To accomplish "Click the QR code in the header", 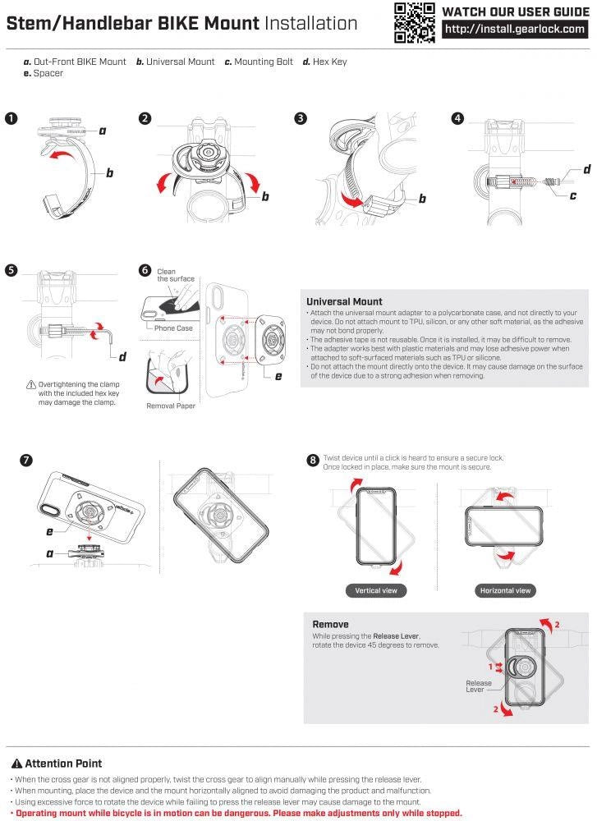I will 414,22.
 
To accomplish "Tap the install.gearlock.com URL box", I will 516,29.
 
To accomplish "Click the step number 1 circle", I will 11,118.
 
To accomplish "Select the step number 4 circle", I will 457,118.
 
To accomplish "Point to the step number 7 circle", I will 27,460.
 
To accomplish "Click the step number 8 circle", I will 313,461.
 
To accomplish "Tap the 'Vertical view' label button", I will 377,590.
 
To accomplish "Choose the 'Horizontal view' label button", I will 505,590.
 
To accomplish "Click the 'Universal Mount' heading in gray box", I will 344,301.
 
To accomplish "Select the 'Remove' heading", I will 330,624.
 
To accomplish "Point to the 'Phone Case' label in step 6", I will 173,328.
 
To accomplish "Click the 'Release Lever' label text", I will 479,686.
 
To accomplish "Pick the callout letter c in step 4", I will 572,195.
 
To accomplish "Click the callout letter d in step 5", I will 122,355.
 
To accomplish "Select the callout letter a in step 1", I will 103,131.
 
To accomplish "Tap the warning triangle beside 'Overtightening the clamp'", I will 30,384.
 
